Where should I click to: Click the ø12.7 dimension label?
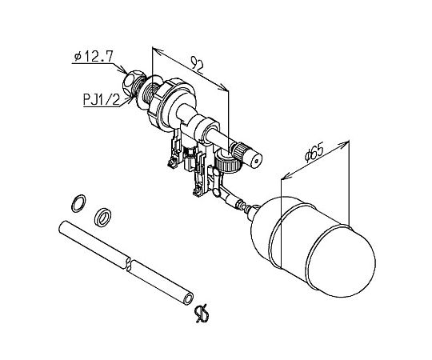click(94, 56)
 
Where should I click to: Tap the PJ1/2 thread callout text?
click(102, 100)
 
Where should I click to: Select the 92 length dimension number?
click(198, 66)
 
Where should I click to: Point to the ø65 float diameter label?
click(314, 152)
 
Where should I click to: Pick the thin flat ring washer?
click(78, 203)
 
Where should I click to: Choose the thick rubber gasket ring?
click(102, 217)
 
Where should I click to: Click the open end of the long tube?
click(189, 299)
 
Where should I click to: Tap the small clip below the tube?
click(202, 314)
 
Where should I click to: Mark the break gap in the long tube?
click(129, 263)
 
